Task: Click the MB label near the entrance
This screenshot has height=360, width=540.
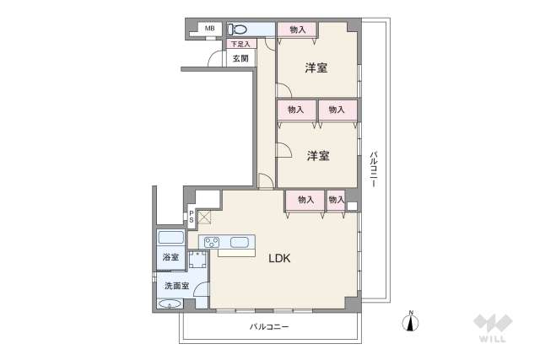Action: tap(209, 30)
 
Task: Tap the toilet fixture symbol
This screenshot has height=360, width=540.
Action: tap(235, 30)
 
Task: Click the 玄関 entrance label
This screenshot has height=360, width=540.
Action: tap(240, 58)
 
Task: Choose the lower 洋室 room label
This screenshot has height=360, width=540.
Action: tap(317, 155)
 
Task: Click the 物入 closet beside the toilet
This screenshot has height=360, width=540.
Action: tap(297, 30)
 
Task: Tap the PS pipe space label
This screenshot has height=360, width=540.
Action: tap(192, 217)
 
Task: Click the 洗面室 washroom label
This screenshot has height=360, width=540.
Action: tap(176, 286)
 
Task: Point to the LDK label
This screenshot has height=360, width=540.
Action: tap(279, 260)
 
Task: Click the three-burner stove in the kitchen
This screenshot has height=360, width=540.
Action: tap(211, 244)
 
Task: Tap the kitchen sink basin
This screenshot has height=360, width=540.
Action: tap(240, 244)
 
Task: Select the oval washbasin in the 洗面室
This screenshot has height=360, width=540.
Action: tap(168, 304)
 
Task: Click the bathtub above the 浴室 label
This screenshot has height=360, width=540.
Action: tap(171, 238)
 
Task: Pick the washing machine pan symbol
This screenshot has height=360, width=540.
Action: tap(199, 261)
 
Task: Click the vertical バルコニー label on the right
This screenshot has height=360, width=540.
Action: tap(373, 168)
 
